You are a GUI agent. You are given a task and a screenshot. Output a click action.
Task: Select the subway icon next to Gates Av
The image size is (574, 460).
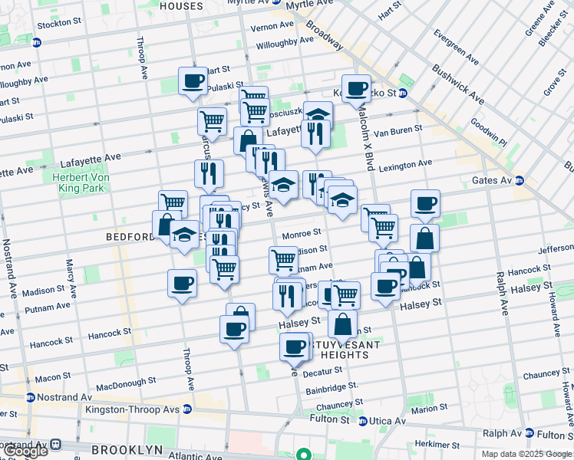520,181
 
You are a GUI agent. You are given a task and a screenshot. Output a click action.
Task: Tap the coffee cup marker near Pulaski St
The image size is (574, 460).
193,80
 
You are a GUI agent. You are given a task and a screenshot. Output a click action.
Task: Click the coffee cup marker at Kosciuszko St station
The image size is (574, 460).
356,88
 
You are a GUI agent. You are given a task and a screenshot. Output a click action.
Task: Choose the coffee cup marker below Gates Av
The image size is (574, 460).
425,204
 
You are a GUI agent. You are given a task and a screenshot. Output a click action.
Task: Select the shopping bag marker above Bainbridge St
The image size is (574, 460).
342,324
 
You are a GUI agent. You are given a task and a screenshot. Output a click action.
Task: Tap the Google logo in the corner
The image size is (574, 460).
26,451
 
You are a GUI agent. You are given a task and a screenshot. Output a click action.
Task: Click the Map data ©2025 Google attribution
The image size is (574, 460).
526,454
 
